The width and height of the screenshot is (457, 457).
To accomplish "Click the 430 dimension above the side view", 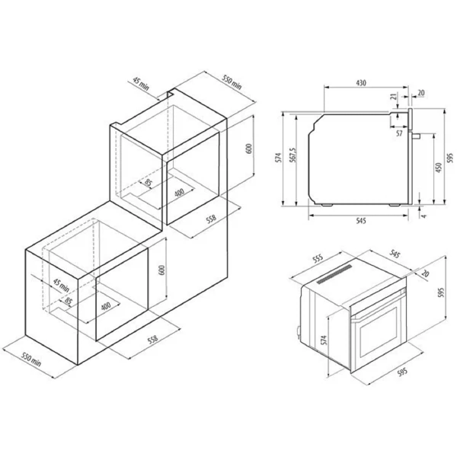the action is tap(361, 83).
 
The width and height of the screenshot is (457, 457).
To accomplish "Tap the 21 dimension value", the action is tap(394, 97).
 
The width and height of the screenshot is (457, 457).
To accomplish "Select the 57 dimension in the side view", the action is tap(399, 133).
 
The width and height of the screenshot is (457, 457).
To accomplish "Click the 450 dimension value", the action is tap(439, 168).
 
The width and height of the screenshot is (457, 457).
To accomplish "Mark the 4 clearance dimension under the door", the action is tap(423, 216).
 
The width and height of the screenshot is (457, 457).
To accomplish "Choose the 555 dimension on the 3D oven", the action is tap(318, 258).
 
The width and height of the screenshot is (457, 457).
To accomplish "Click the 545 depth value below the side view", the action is tap(360, 221).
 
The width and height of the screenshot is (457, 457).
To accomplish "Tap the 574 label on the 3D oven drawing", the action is tap(324, 340).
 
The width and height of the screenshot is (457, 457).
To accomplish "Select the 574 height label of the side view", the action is tap(279, 158).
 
